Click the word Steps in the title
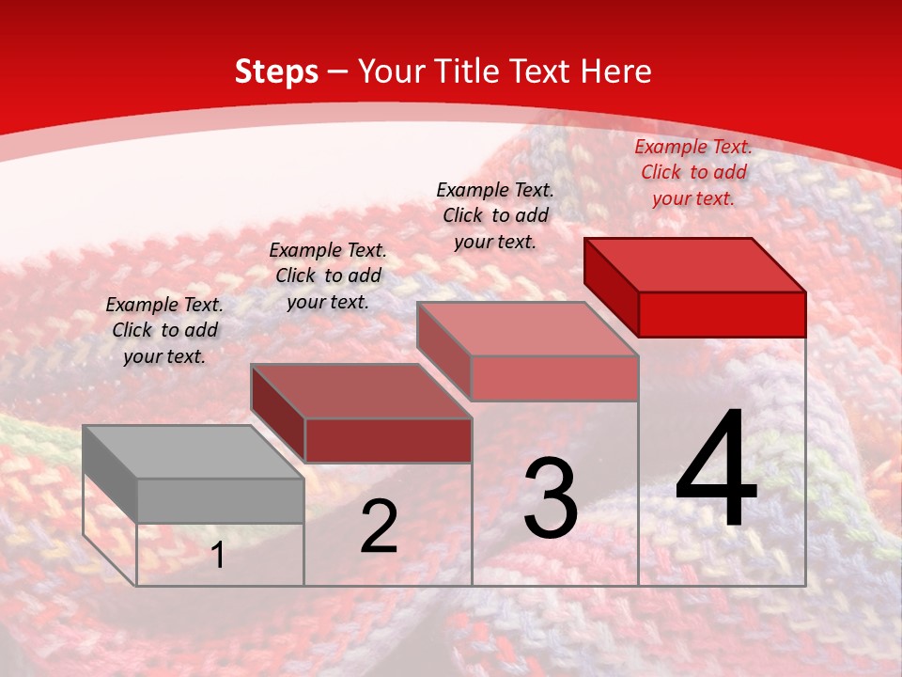point(276,71)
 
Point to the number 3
point(551,498)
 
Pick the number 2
point(379,527)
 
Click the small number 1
point(218,555)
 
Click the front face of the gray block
point(220,500)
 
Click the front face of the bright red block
point(722,314)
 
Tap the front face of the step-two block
point(387,440)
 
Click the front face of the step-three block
point(554,378)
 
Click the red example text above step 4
point(693,172)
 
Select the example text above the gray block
point(164,330)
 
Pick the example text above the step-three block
point(495,215)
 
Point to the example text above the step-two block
point(328,276)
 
